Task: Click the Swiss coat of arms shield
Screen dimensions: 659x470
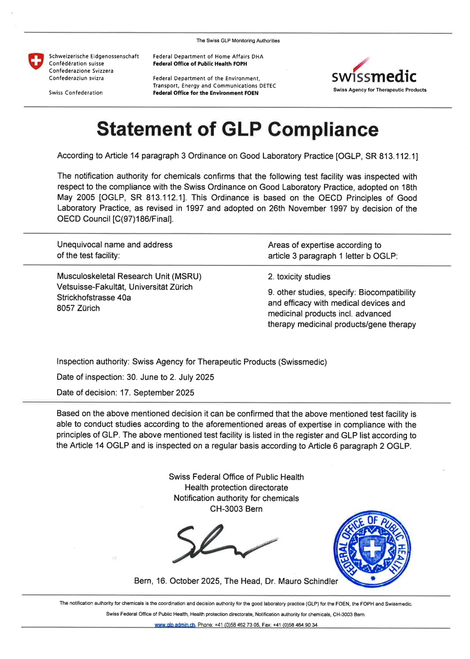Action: [x=35, y=61]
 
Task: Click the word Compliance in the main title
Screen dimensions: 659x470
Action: [x=323, y=129]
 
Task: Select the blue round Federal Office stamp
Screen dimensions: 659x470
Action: [x=372, y=550]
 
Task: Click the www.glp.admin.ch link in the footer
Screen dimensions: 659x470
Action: [x=175, y=625]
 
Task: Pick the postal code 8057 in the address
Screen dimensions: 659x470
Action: [x=66, y=309]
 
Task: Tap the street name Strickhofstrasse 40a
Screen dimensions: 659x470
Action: [x=94, y=298]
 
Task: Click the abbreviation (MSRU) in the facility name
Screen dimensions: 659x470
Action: [x=186, y=276]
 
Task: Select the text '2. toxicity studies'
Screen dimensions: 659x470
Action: [x=299, y=277]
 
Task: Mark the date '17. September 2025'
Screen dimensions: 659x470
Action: [x=157, y=393]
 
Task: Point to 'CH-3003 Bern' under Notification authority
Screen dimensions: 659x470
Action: [x=236, y=509]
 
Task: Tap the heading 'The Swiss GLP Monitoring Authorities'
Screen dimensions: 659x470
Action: [x=238, y=41]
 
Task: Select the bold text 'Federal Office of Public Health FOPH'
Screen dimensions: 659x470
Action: [x=200, y=64]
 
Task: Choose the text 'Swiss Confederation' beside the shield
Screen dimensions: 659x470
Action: [x=76, y=93]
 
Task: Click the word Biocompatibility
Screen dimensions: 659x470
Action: [x=387, y=293]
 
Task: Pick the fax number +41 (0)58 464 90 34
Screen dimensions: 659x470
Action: [x=295, y=625]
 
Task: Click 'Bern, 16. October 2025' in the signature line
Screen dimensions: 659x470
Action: [x=177, y=581]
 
